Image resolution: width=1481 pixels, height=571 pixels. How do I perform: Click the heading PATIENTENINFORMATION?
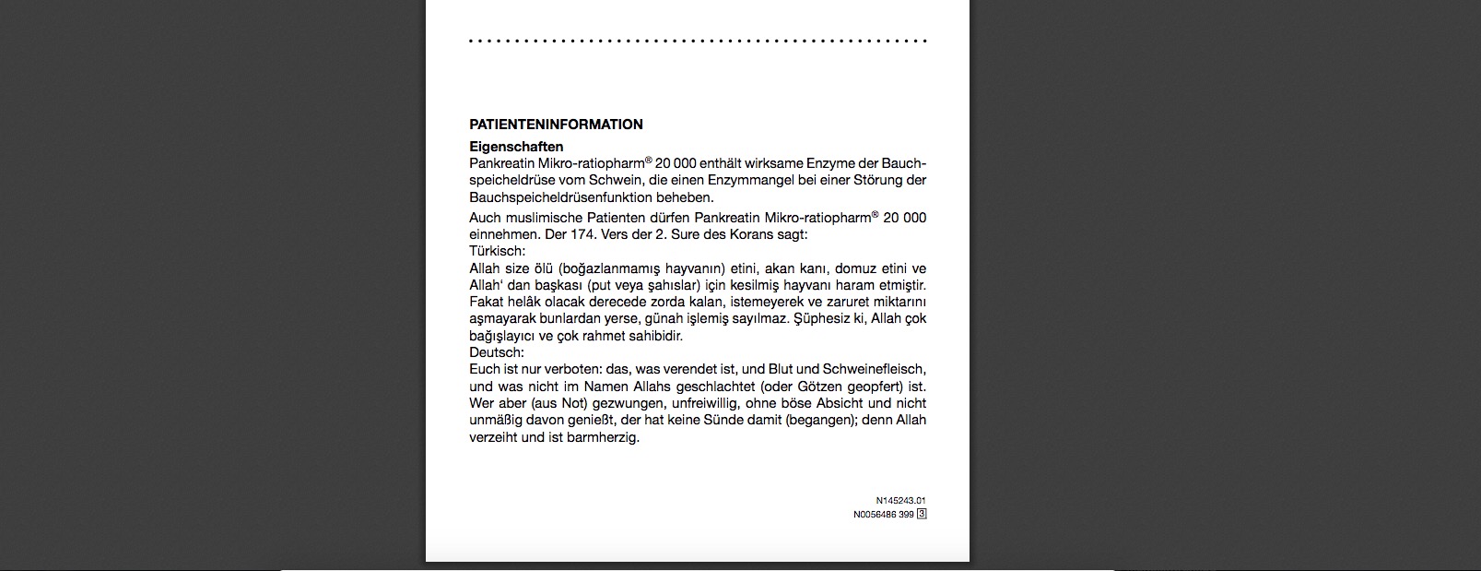(x=556, y=125)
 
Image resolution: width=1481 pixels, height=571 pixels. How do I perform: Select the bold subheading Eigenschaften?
(x=516, y=147)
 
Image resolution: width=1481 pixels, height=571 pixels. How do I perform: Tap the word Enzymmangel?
(x=764, y=180)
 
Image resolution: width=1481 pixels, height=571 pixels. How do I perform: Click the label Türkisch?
(x=498, y=251)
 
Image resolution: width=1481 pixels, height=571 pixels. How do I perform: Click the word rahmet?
(x=609, y=336)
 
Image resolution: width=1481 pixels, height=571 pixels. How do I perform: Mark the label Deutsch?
(x=497, y=352)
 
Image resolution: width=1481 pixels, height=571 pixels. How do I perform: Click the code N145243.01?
(x=900, y=501)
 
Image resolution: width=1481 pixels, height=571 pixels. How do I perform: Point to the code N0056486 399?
(x=883, y=515)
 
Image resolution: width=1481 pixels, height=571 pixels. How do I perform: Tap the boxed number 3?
(x=922, y=515)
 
